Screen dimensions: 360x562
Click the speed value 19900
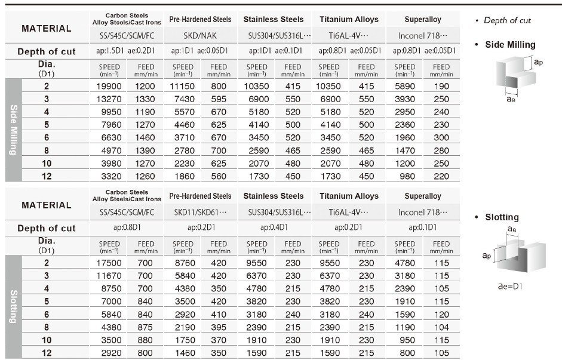pos(109,87)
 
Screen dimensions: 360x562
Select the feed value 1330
pos(145,99)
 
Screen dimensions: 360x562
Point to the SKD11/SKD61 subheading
pos(200,212)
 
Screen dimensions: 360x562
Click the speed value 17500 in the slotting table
pos(109,263)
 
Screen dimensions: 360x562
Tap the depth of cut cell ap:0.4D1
pos(274,227)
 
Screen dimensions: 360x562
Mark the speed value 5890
pos(405,87)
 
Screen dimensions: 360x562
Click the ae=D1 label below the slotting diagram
pos(511,286)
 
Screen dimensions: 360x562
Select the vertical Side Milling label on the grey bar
pos(14,130)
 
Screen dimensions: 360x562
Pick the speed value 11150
pos(183,87)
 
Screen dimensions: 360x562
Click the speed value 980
pos(405,176)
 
